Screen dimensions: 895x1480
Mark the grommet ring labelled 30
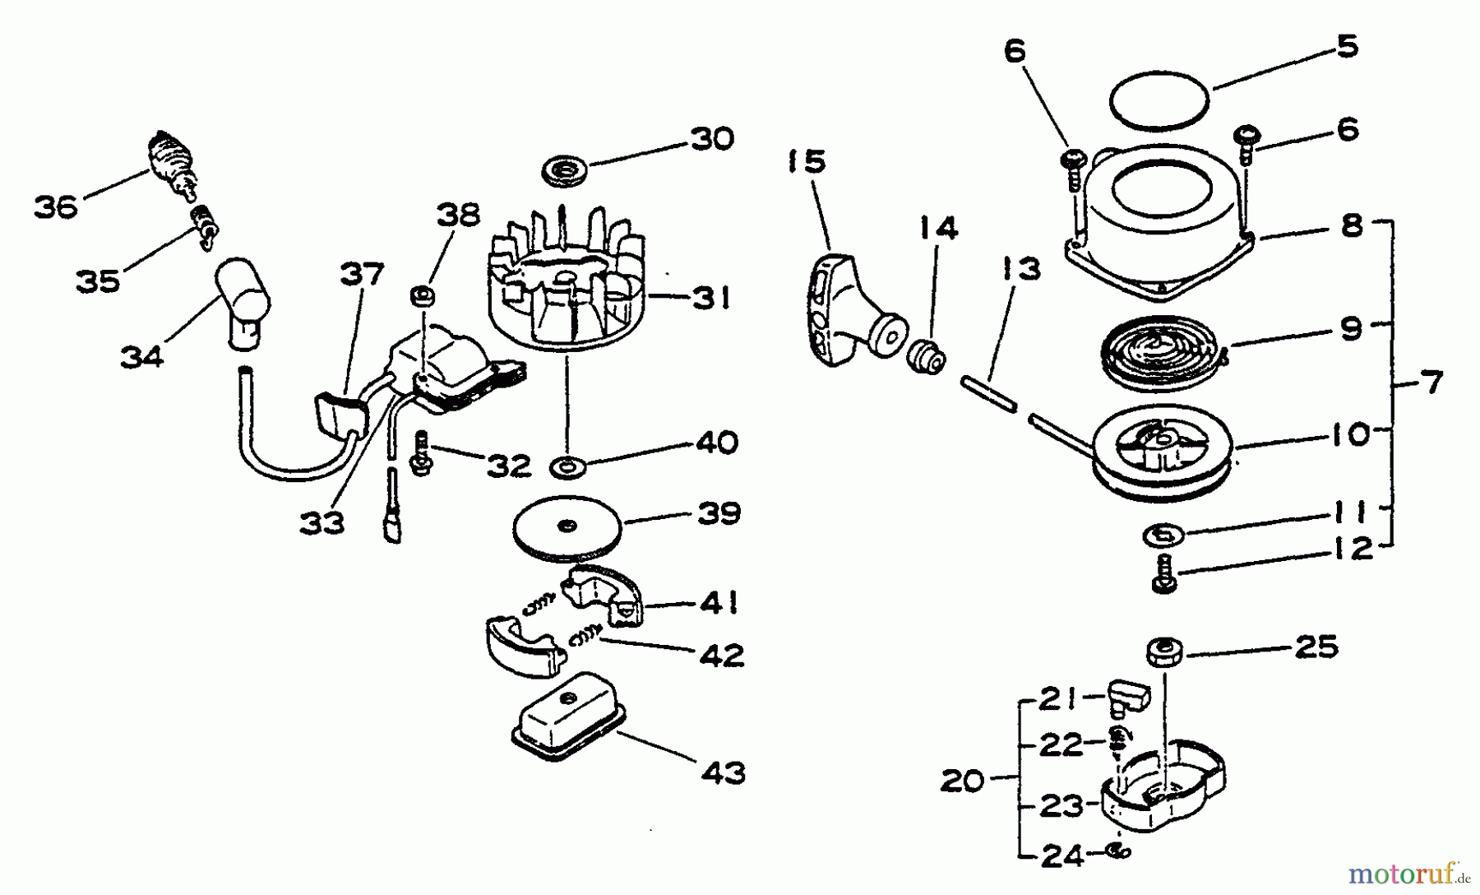click(x=566, y=173)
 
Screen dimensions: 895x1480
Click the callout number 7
click(x=1431, y=383)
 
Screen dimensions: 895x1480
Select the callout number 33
click(x=321, y=522)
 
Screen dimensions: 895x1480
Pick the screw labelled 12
click(x=1164, y=573)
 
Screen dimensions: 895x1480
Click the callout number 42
click(x=720, y=656)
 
